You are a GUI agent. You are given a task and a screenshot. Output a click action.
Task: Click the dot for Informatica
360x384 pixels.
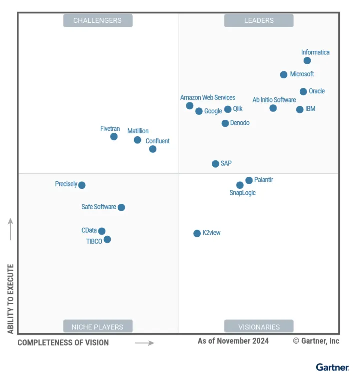pos(307,61)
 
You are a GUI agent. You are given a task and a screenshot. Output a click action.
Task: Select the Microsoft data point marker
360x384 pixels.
pos(284,75)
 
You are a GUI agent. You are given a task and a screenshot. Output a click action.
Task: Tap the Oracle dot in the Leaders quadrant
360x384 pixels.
pos(303,92)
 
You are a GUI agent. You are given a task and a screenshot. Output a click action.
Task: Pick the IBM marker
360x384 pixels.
pos(300,110)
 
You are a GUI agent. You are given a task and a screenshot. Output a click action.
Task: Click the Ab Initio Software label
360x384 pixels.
pos(274,100)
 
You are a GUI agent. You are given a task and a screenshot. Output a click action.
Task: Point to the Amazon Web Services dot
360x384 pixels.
pos(190,106)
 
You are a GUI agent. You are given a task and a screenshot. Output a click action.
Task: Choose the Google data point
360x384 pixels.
pos(199,111)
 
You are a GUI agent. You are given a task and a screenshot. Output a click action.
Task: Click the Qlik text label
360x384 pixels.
pos(238,109)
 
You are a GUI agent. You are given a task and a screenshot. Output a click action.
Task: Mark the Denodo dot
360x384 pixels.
pos(225,123)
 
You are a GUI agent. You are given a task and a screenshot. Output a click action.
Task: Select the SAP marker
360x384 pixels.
pos(215,164)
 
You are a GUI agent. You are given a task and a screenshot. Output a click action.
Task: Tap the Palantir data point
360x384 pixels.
pos(249,180)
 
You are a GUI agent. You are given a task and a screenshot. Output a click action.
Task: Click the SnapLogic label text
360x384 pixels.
pos(242,193)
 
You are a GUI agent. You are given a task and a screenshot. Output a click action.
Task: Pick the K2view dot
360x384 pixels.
pos(197,233)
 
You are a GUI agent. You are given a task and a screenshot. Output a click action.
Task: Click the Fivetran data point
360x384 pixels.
pos(114,137)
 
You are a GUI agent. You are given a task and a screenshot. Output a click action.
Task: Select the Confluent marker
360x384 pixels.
pos(153,149)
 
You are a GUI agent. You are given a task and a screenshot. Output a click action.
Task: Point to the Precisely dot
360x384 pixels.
pos(82,185)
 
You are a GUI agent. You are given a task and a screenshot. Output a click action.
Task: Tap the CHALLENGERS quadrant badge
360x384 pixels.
pos(98,20)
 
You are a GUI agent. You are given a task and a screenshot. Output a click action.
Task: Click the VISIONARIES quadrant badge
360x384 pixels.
pos(259,327)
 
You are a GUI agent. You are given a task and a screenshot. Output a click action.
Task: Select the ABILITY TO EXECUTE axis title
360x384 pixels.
pos(11,299)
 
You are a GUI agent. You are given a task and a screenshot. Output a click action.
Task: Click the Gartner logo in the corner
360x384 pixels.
pos(332,367)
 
